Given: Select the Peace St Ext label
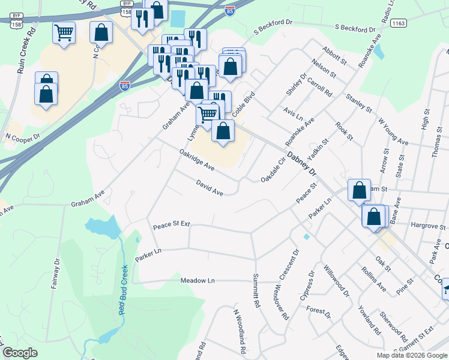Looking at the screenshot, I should pos(171,225).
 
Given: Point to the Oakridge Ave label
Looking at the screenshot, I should pos(197,159).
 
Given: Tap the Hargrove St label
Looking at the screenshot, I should pos(427,226).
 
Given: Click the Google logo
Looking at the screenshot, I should pos(20,353).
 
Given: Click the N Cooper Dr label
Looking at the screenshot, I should pos(22,137).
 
